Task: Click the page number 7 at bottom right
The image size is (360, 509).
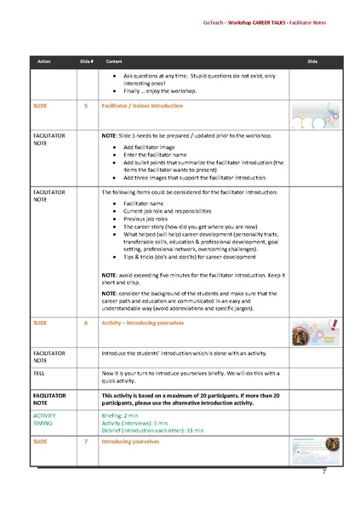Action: (x=323, y=470)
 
